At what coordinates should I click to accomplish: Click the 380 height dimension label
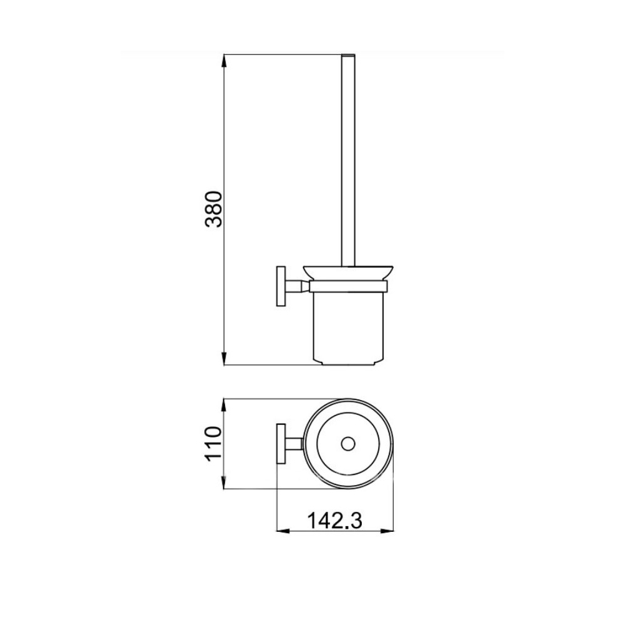click(213, 209)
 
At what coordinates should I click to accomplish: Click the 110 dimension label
click(213, 444)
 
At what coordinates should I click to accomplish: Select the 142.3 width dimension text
click(335, 521)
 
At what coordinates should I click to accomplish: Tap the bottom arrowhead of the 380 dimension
click(224, 359)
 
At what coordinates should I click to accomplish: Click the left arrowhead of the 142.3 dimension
click(283, 531)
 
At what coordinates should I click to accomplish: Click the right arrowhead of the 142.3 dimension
click(387, 531)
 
